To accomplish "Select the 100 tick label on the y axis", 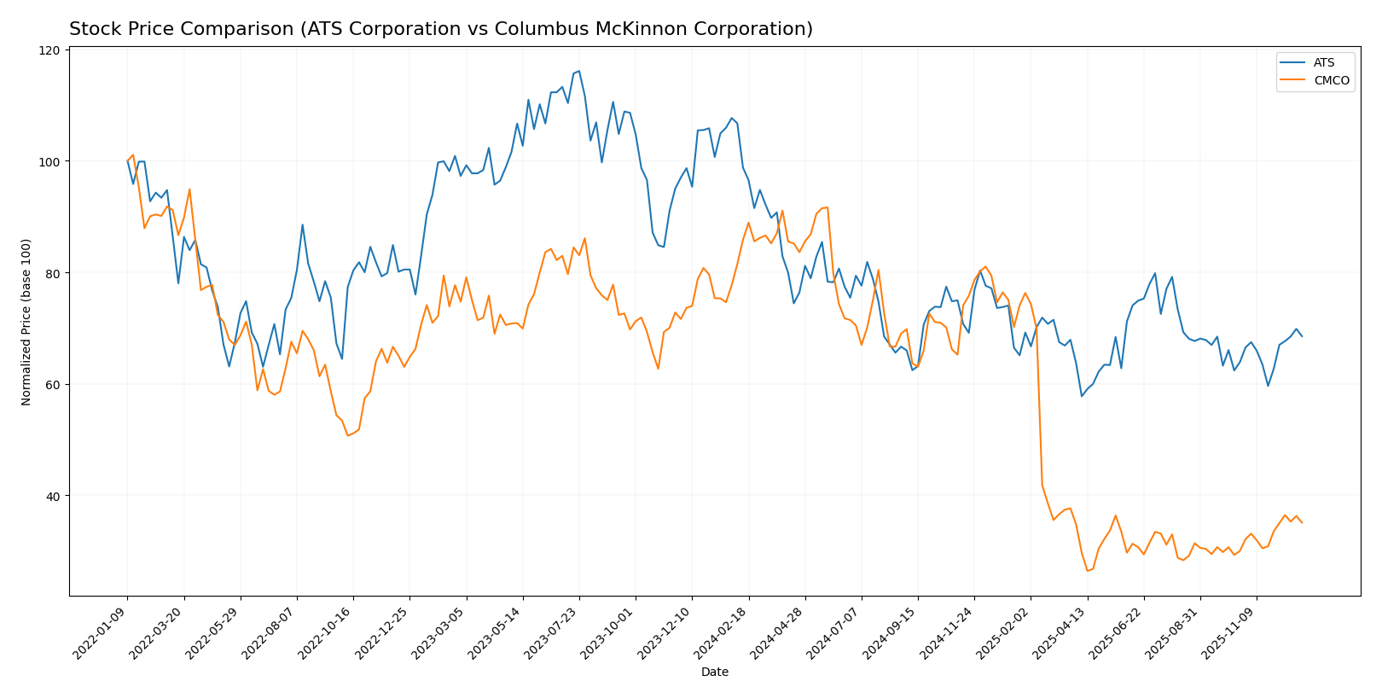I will coord(49,161).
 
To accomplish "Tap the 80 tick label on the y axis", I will coord(52,273).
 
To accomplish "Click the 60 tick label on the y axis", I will coord(52,384).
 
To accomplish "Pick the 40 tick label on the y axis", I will coord(52,496).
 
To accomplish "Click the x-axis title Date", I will coord(714,673).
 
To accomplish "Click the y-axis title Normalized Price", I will coord(26,322).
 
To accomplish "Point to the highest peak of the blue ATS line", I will coord(578,71).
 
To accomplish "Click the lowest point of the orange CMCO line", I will coord(1087,570).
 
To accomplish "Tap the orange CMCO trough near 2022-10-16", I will coord(348,436).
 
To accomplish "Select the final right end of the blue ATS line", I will coord(1302,336).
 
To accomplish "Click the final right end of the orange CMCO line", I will coord(1302,522).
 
